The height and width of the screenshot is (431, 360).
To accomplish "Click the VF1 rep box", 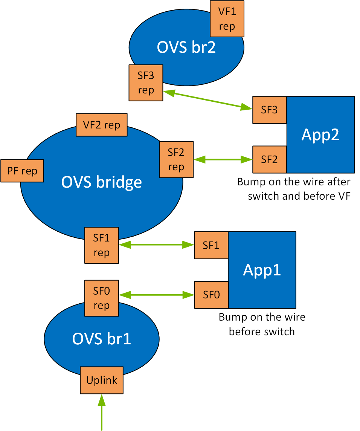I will [227, 19].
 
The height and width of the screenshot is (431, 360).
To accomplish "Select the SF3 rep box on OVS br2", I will [146, 83].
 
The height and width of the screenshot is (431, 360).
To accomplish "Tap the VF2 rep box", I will [102, 125].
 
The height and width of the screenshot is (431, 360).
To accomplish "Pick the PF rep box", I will [22, 171].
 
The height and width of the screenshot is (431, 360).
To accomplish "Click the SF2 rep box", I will [176, 159].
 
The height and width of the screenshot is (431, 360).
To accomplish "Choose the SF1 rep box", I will [102, 245].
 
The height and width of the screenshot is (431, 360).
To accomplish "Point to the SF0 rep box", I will [102, 298].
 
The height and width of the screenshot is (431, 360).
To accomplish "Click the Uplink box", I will [102, 380].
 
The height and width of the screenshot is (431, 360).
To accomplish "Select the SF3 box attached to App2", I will [270, 110].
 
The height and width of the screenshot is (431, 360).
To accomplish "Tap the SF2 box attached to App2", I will [270, 159].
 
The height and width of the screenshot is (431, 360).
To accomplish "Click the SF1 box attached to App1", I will [211, 245].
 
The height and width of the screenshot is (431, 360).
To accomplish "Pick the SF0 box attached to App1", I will [211, 295].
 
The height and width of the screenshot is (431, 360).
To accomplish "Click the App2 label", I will [320, 135].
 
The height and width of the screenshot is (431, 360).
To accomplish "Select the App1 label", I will [262, 270].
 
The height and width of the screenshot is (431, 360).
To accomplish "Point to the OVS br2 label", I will [186, 47].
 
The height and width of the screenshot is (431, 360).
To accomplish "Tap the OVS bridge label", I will [102, 182].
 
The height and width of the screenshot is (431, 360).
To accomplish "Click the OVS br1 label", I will [102, 338].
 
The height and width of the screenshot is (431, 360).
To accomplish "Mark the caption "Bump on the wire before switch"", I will [262, 324].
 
